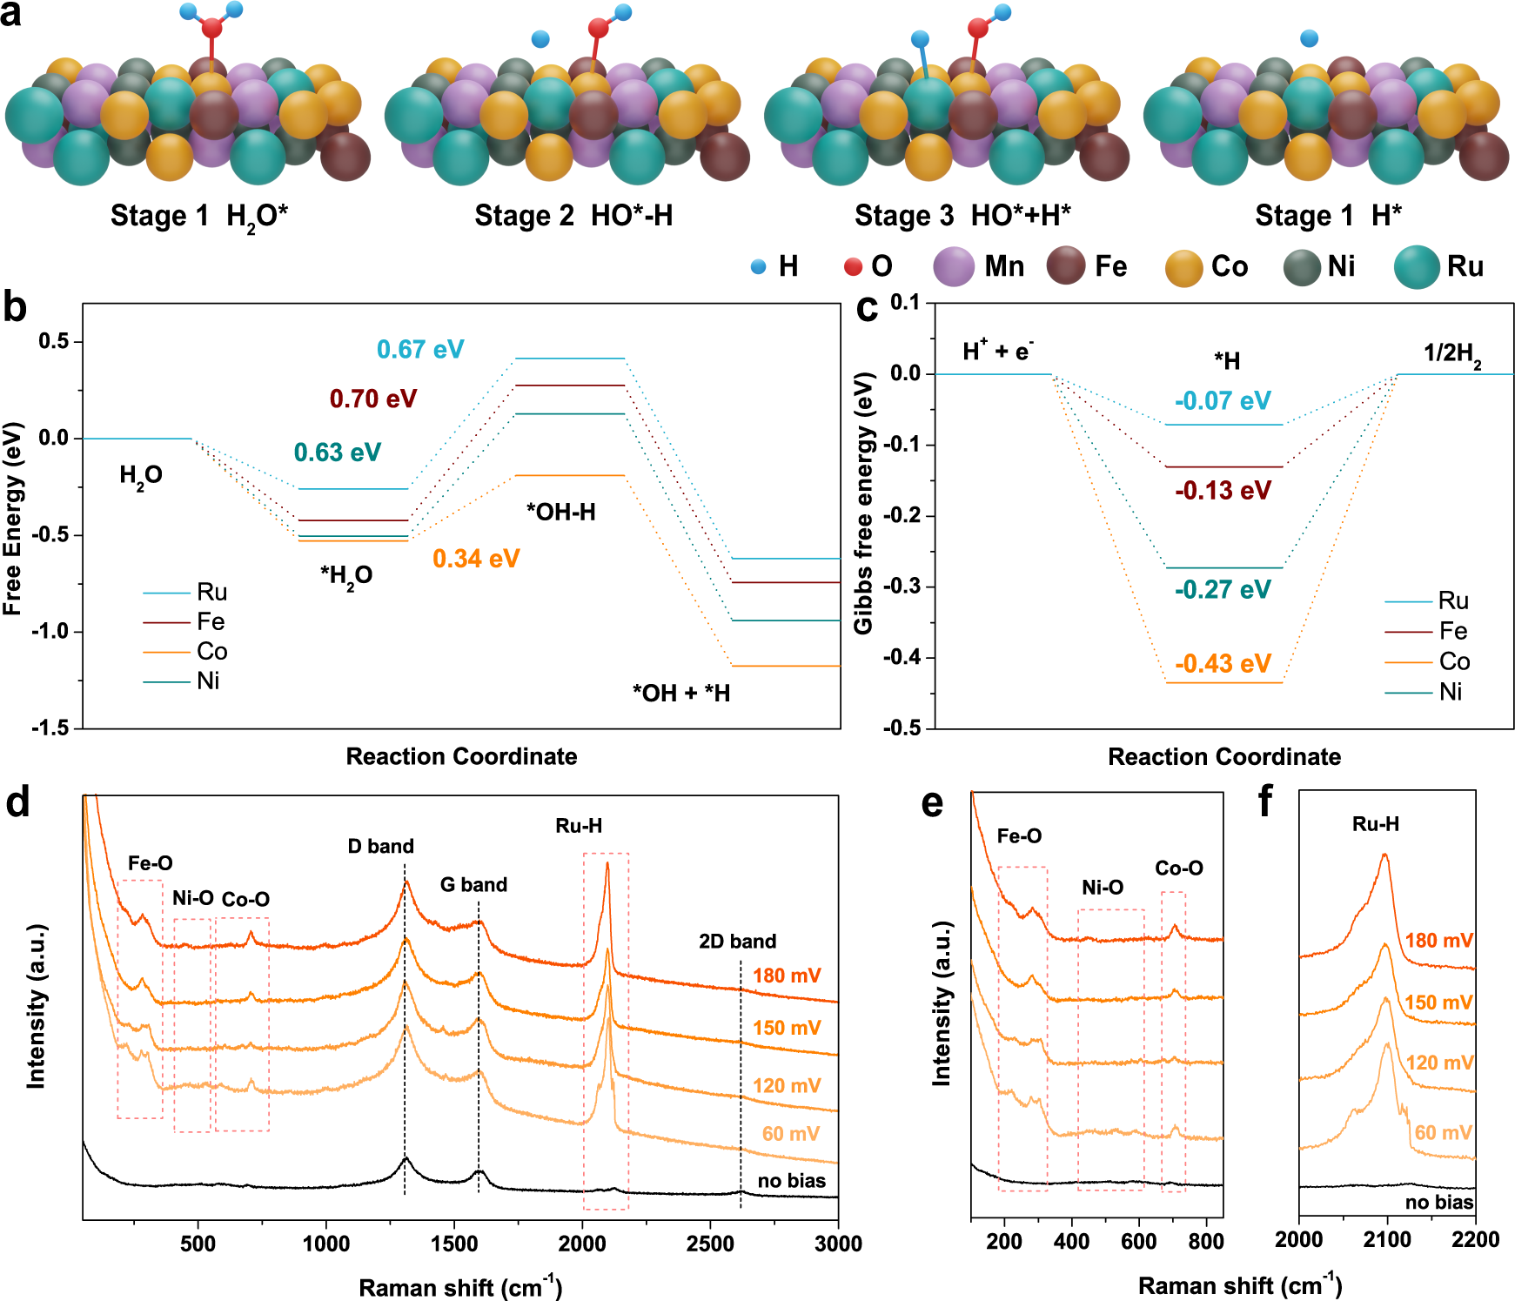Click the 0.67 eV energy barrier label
(x=420, y=350)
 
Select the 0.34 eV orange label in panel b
(x=476, y=559)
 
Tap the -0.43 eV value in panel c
(x=1223, y=664)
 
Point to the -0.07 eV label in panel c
(x=1223, y=401)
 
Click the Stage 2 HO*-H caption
(x=573, y=216)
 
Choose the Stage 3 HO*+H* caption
(x=962, y=216)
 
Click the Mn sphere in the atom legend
(x=954, y=266)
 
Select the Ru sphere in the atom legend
(x=1416, y=266)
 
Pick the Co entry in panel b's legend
(x=211, y=651)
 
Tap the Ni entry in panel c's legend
(x=1450, y=692)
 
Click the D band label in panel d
(x=380, y=846)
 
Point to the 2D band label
(x=737, y=941)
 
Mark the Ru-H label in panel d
(x=579, y=826)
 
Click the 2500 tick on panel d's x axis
(x=710, y=1244)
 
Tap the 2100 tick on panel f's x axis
(x=1387, y=1240)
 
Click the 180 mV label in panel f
(x=1438, y=941)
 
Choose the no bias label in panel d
(x=791, y=1181)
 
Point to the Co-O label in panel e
(x=1178, y=868)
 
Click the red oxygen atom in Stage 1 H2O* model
(x=211, y=28)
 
